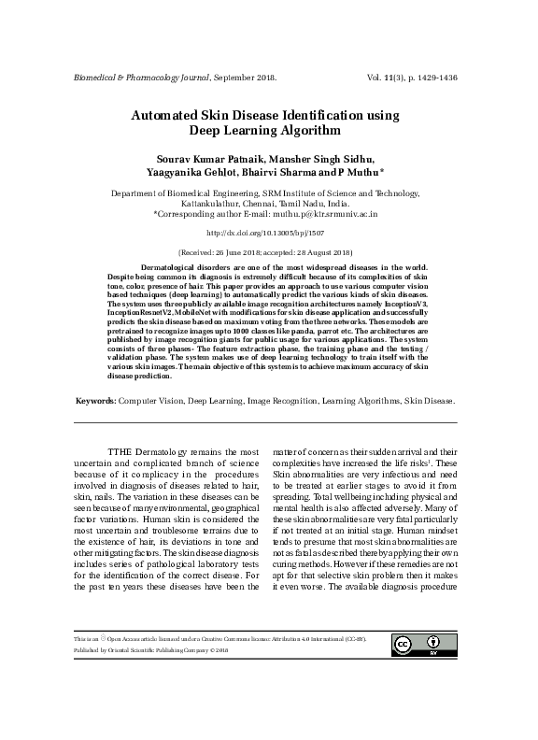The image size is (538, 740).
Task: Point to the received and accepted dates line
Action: [x=268, y=252]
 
